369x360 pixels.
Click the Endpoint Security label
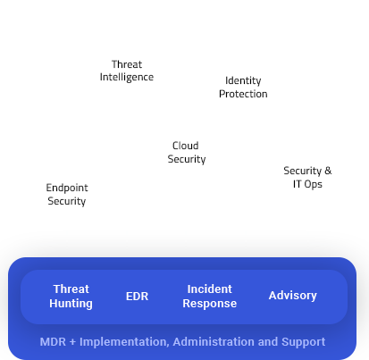[67, 195]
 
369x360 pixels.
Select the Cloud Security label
[186, 153]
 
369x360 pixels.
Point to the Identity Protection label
[243, 88]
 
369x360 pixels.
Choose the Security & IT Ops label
[307, 178]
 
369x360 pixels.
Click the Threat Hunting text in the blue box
[71, 297]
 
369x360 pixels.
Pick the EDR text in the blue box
[138, 296]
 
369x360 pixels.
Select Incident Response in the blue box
[209, 297]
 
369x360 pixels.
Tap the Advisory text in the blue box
[293, 296]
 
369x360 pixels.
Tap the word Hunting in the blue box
[71, 304]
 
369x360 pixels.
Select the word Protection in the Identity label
[243, 94]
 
